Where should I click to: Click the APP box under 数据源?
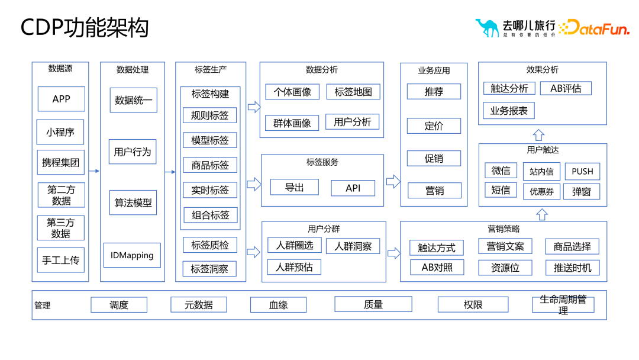point(62,99)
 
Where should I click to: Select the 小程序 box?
point(60,132)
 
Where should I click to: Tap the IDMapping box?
point(132,255)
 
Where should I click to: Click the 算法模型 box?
point(133,202)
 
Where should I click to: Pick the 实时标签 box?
point(210,190)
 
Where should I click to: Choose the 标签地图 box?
point(353,92)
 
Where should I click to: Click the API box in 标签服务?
point(353,188)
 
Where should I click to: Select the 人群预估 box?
point(294,267)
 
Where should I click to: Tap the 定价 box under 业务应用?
point(434,126)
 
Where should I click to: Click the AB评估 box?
point(566,89)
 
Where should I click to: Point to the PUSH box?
point(582,172)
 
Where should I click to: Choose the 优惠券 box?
point(541,191)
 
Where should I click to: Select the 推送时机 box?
point(572,268)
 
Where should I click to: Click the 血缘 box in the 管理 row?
point(278,305)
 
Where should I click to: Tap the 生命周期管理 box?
point(563,305)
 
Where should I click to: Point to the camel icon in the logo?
point(487,27)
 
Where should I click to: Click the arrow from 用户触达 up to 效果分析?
point(538,134)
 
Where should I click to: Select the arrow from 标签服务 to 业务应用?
point(393,181)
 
